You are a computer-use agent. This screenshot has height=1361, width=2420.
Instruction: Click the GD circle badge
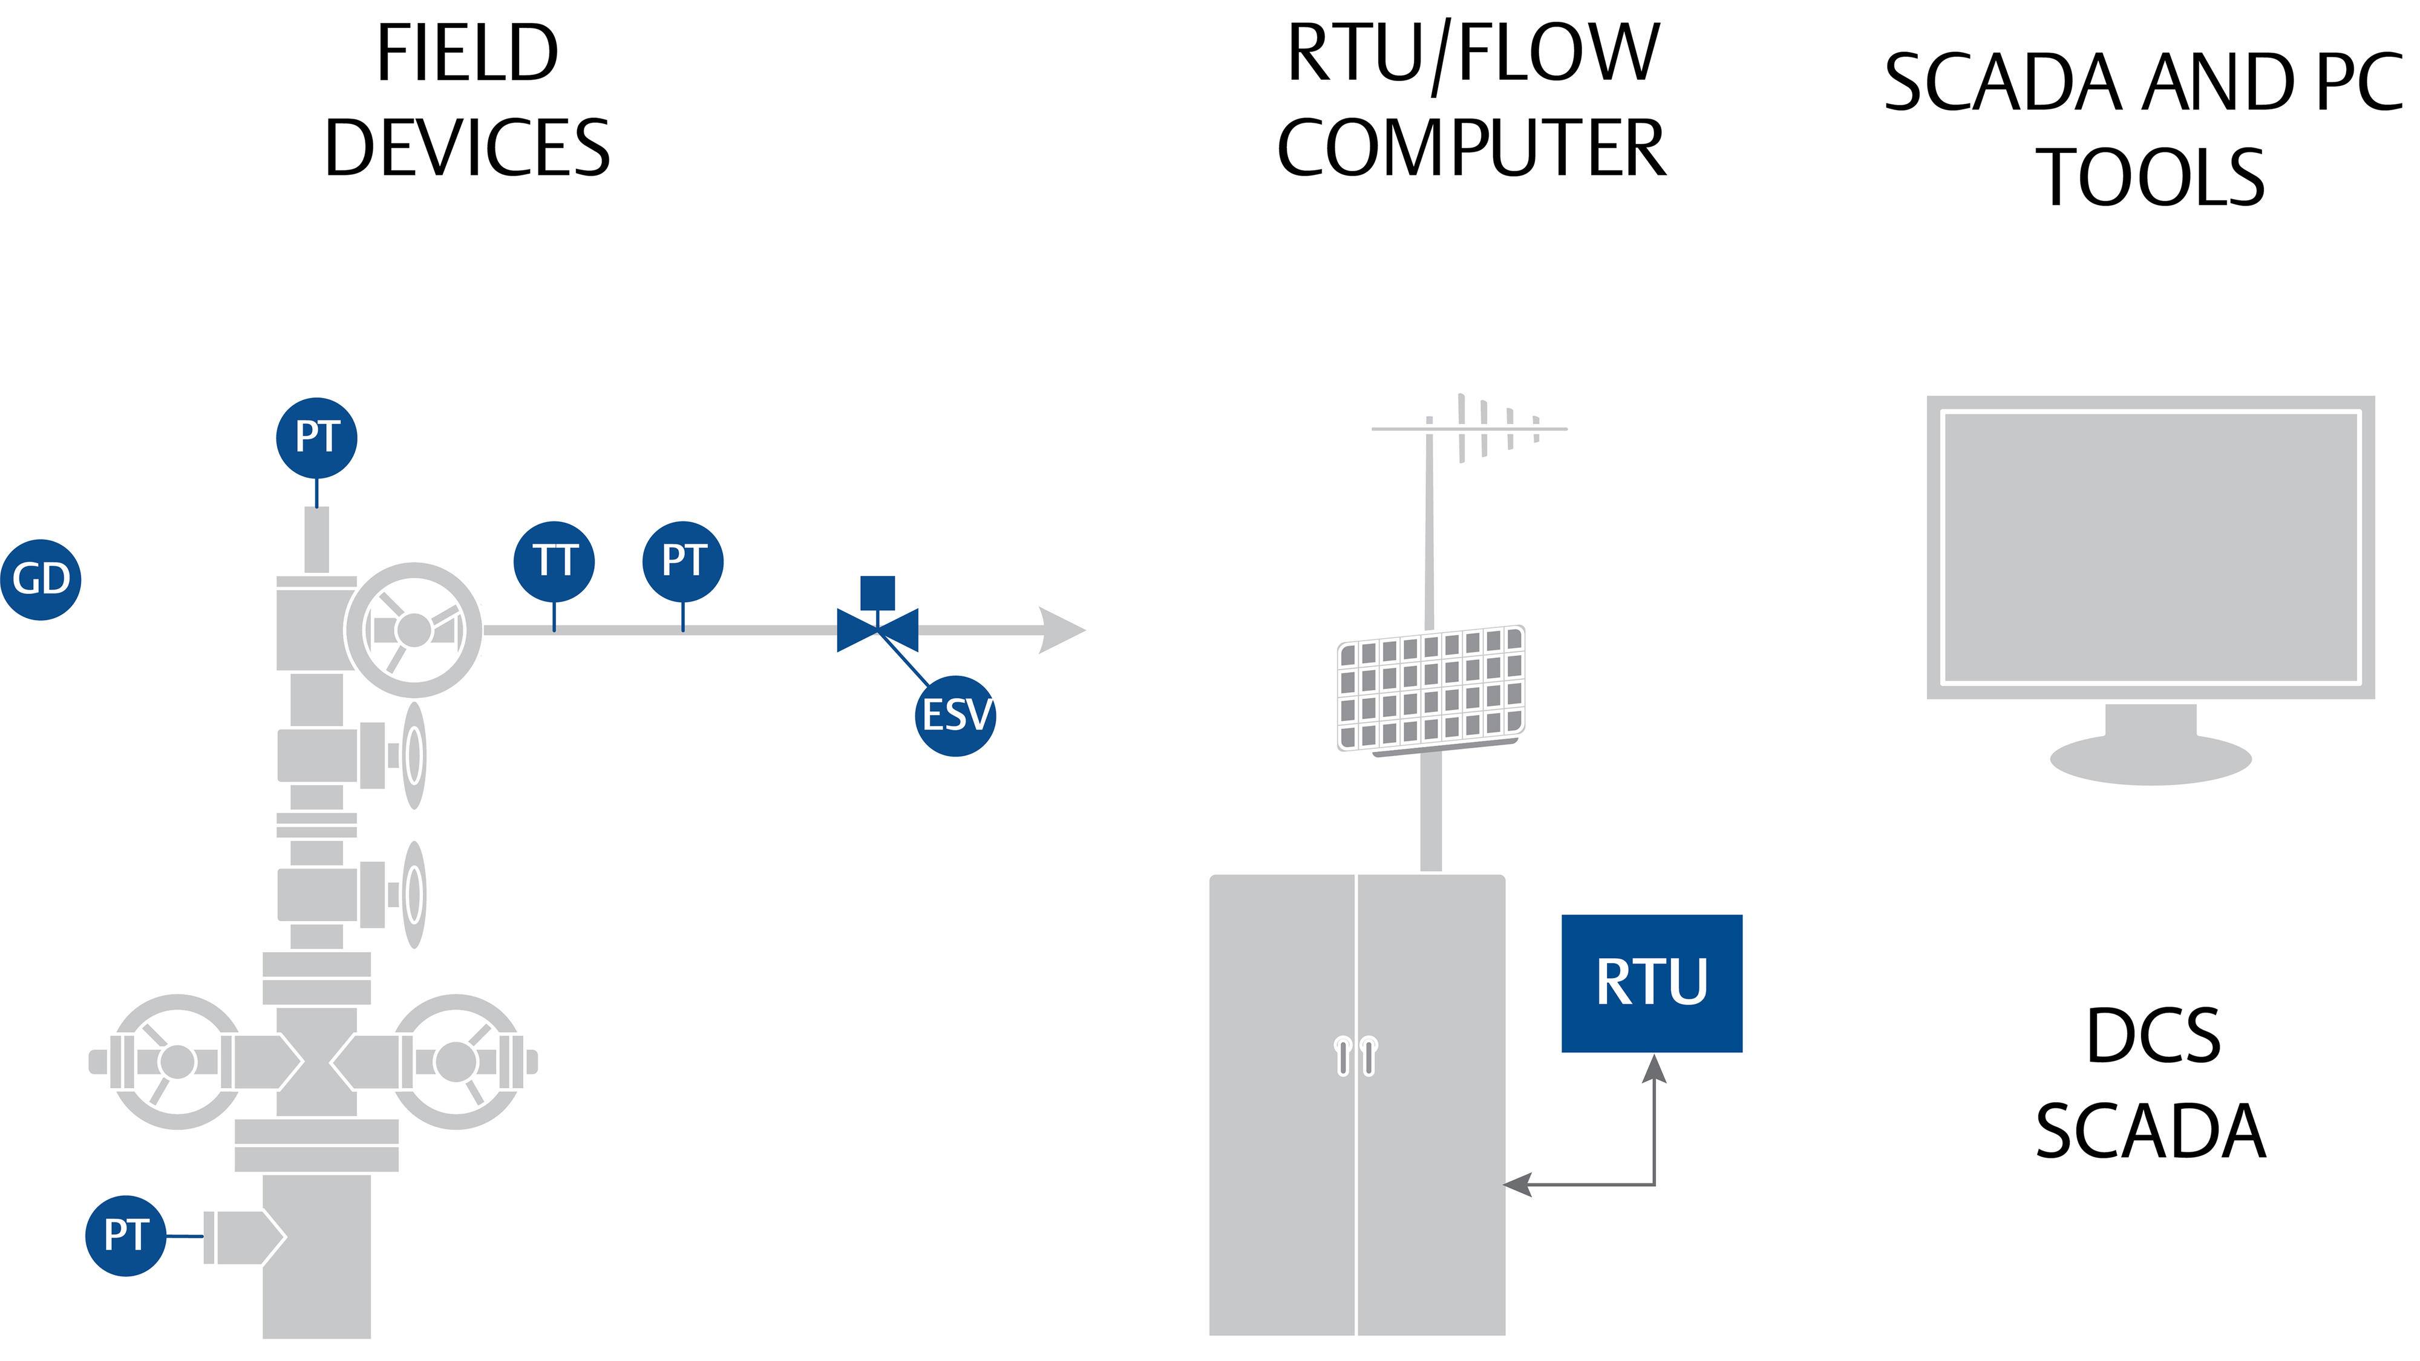[x=41, y=579]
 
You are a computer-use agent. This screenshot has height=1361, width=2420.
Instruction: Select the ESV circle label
[x=955, y=716]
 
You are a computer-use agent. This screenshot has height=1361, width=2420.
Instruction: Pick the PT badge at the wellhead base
[x=126, y=1235]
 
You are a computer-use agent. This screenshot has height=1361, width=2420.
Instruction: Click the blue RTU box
[x=1652, y=982]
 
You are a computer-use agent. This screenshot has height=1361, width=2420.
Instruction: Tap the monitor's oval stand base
[x=2150, y=759]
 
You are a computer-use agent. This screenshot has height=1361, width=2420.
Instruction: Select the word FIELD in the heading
[x=467, y=54]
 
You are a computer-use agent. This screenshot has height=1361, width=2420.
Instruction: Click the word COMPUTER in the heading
[x=1471, y=148]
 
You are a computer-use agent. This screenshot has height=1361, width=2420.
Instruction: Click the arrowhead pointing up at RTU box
[x=1654, y=1069]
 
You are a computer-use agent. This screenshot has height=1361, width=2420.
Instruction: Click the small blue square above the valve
[x=877, y=593]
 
